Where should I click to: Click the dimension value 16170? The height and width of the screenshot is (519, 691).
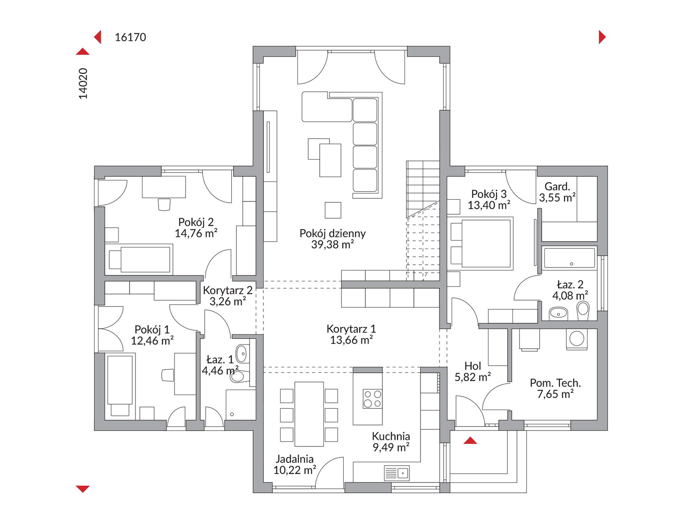tap(130, 37)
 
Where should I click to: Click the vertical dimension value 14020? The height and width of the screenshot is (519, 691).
tap(83, 84)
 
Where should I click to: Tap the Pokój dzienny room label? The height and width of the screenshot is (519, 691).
tap(333, 233)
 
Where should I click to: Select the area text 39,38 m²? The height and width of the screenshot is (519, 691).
tap(333, 245)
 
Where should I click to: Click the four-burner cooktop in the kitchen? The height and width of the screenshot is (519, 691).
tap(373, 399)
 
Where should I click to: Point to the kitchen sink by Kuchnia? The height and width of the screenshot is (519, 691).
tap(397, 473)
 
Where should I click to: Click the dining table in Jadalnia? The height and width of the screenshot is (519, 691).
tap(309, 414)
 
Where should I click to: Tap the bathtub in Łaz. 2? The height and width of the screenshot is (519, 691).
tap(569, 258)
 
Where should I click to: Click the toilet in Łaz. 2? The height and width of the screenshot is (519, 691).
tap(583, 311)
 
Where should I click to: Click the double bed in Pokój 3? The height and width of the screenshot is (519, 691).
tap(480, 244)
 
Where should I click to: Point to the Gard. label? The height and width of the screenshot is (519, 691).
tap(557, 186)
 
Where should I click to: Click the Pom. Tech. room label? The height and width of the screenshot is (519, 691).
tap(555, 383)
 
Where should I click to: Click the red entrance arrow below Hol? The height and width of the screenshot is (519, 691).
tap(470, 440)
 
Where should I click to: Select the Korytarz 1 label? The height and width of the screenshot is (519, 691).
tap(351, 329)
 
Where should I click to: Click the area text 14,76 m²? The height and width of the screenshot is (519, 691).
tap(196, 233)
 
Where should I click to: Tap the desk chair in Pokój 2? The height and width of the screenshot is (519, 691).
tap(164, 204)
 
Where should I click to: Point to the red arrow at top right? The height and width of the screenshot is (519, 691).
tap(602, 37)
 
